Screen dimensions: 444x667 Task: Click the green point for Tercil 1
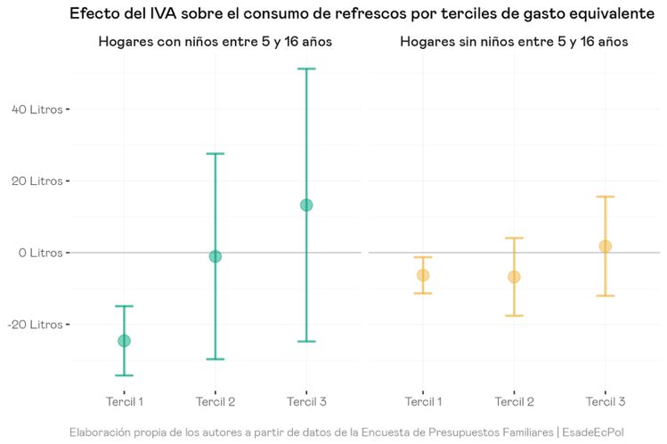click(124, 341)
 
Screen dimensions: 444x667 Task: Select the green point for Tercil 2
click(215, 256)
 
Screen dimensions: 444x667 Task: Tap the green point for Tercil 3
click(306, 205)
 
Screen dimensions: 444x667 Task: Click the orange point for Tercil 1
click(423, 275)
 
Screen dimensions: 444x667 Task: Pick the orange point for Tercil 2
click(514, 277)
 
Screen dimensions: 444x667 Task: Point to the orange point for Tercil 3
click(606, 246)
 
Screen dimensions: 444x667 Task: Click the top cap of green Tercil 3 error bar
click(306, 69)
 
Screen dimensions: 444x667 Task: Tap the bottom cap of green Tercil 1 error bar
click(124, 375)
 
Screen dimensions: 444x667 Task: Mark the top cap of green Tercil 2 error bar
click(215, 154)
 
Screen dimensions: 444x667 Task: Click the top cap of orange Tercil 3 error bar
click(606, 197)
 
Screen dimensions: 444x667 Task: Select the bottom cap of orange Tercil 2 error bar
click(514, 316)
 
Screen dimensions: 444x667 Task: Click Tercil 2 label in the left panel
click(215, 402)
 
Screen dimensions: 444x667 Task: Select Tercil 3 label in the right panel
click(606, 402)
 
